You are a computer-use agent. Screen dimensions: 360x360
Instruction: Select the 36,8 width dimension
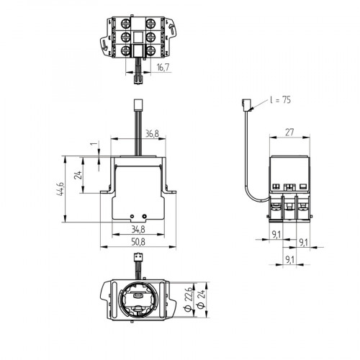(150, 133)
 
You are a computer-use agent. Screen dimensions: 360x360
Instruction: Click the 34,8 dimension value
(138, 230)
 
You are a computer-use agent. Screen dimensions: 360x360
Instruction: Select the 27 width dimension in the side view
(288, 132)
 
